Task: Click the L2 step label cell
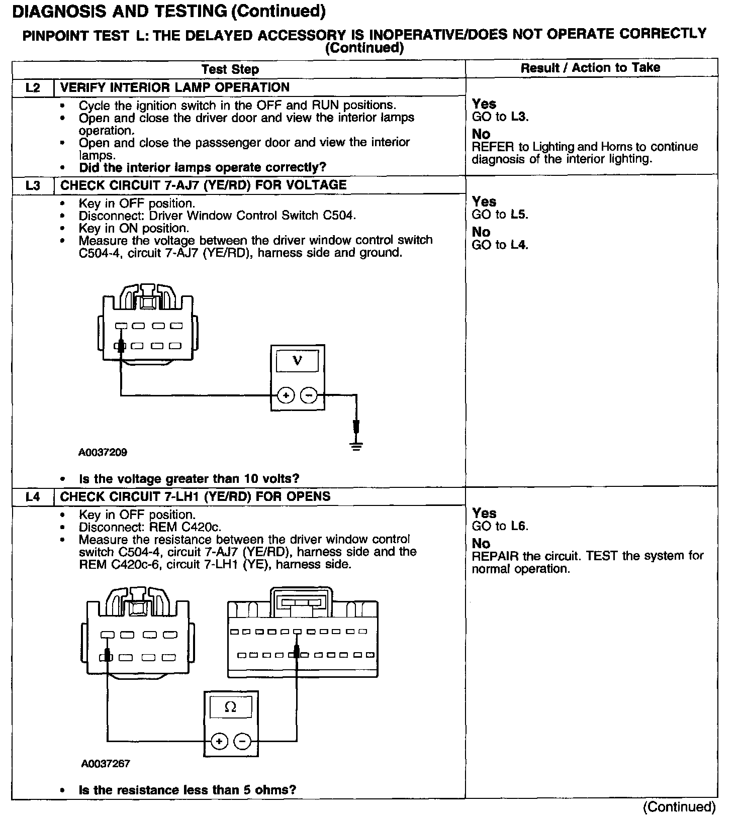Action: (x=33, y=87)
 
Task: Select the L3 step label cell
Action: (x=33, y=185)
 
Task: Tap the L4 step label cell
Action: (x=33, y=497)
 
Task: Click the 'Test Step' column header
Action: (x=230, y=69)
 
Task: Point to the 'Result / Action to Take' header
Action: (x=590, y=68)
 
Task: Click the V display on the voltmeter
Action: (x=298, y=361)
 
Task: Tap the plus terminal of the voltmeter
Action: (x=286, y=395)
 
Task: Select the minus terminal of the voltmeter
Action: (x=309, y=395)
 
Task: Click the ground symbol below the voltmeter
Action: (x=356, y=445)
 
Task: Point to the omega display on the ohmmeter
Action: (x=230, y=707)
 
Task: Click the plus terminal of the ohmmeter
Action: (x=219, y=741)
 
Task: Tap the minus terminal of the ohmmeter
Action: (x=242, y=741)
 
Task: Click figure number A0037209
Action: (x=103, y=452)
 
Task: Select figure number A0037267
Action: (x=106, y=764)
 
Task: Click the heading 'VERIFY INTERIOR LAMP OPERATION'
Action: (x=174, y=87)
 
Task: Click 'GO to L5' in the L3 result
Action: (x=500, y=215)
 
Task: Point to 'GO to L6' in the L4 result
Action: (x=500, y=526)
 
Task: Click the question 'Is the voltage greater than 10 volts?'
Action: (x=189, y=478)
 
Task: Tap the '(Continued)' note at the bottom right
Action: (x=679, y=807)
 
